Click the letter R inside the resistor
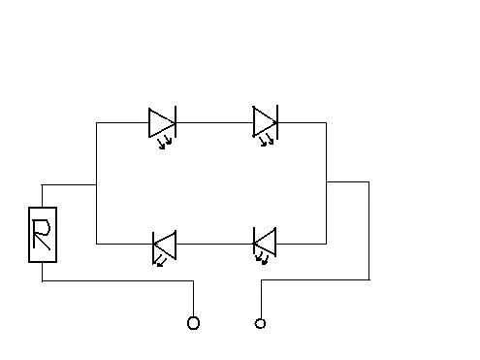pos(42,235)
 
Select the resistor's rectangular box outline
pos(29,235)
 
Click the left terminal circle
pos(193,323)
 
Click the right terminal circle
pos(260,323)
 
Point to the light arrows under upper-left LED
pos(164,143)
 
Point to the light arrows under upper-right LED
pos(267,140)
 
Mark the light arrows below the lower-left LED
pos(160,262)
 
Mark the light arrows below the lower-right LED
pos(262,259)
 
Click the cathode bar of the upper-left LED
pos(176,121)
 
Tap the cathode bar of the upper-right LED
pos(277,121)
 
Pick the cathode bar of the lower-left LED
pos(153,248)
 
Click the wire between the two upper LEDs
pos(214,123)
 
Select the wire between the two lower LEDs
pos(214,244)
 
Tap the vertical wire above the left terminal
pos(193,299)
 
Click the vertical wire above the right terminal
pos(261,299)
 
